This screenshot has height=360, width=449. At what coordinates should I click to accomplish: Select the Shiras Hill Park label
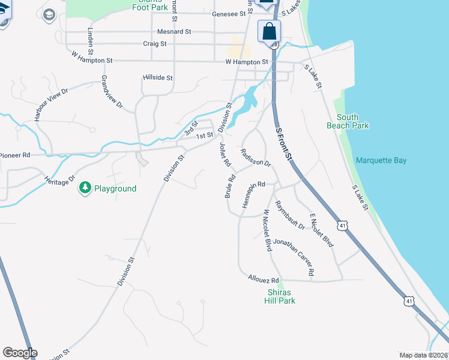280,296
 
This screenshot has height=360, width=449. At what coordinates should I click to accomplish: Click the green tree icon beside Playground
85,188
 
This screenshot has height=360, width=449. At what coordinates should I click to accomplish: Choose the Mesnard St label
173,31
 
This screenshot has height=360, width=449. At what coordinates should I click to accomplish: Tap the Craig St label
158,43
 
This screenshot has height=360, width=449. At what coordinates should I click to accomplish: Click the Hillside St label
158,78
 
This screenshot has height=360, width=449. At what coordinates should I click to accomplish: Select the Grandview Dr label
112,92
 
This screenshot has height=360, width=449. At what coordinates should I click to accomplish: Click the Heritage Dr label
59,179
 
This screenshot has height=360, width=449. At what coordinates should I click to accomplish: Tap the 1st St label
205,136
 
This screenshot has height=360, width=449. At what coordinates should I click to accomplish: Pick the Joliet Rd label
225,154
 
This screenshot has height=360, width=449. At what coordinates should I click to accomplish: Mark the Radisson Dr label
256,158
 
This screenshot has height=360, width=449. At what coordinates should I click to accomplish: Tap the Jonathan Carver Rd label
294,257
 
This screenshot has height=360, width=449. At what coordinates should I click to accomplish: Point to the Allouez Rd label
263,280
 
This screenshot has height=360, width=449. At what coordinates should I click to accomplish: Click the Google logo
20,353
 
